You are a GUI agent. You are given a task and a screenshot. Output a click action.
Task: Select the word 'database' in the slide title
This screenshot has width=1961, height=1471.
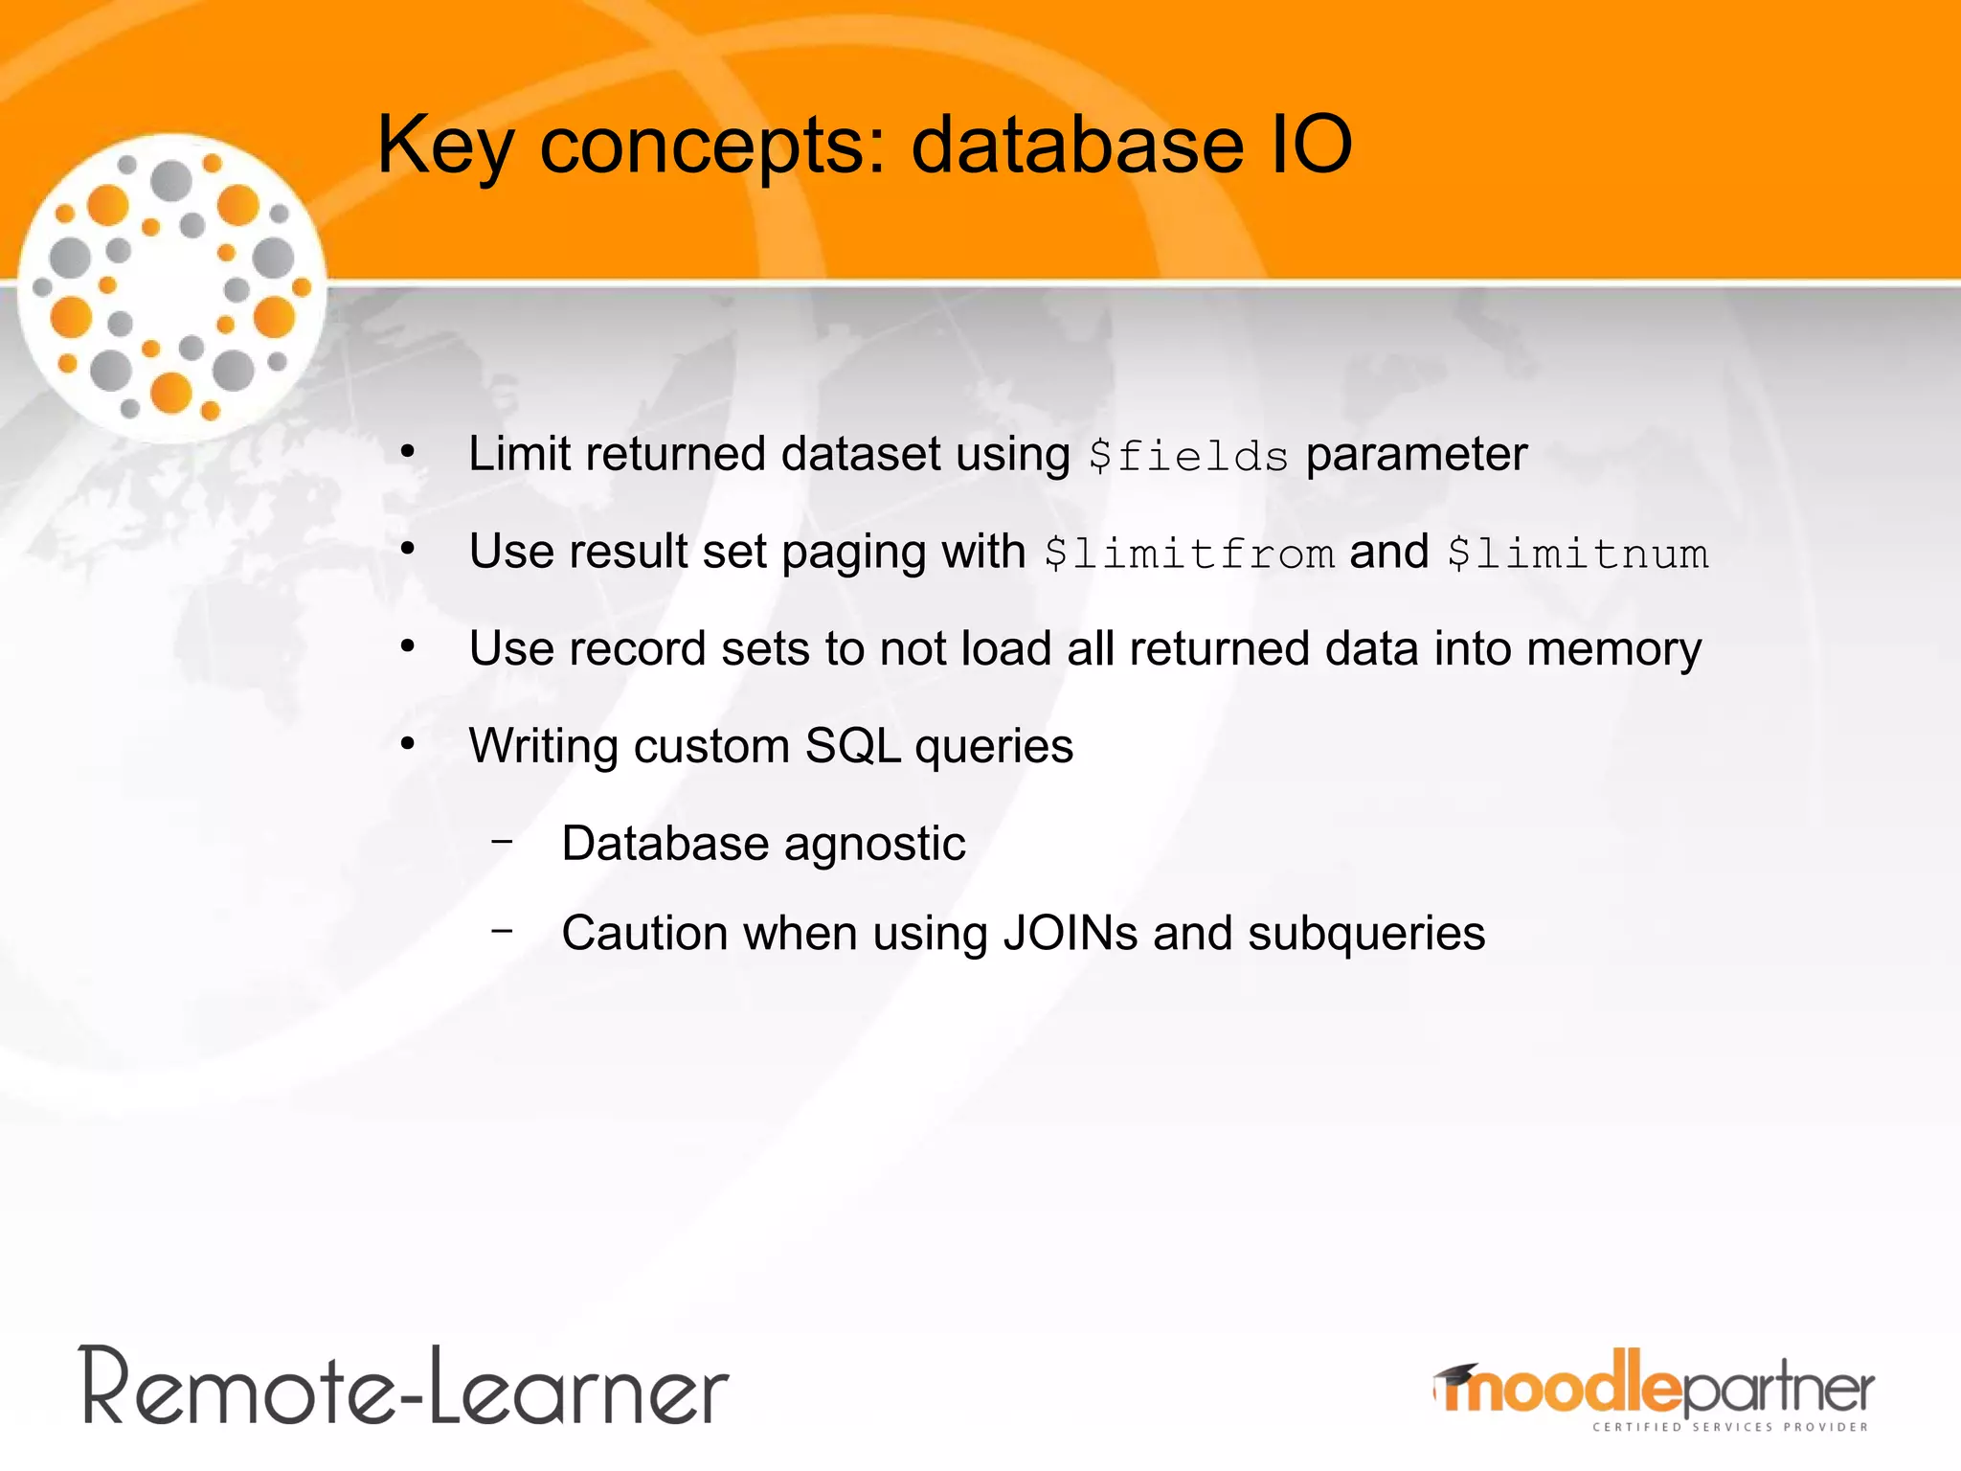tap(1077, 146)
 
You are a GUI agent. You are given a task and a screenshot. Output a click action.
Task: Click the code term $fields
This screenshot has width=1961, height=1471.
tap(1188, 456)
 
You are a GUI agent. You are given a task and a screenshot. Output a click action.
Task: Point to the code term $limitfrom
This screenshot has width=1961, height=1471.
tap(1188, 554)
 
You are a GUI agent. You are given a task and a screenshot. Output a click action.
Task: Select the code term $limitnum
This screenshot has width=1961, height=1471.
tap(1578, 554)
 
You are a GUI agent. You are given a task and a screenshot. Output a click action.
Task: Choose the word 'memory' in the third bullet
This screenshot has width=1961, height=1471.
tap(1614, 650)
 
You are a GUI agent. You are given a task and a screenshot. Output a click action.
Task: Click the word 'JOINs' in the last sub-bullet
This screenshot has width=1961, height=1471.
tap(1070, 933)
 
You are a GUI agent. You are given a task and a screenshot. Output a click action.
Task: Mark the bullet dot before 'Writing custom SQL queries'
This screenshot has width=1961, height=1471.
tap(408, 744)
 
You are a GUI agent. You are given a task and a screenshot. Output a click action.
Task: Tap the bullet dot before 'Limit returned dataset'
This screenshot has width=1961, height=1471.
tap(408, 452)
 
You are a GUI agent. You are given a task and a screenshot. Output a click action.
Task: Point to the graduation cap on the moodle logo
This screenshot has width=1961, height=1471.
tap(1456, 1376)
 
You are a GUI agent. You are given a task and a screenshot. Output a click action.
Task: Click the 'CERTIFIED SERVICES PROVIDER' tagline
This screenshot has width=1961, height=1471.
tap(1729, 1427)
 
